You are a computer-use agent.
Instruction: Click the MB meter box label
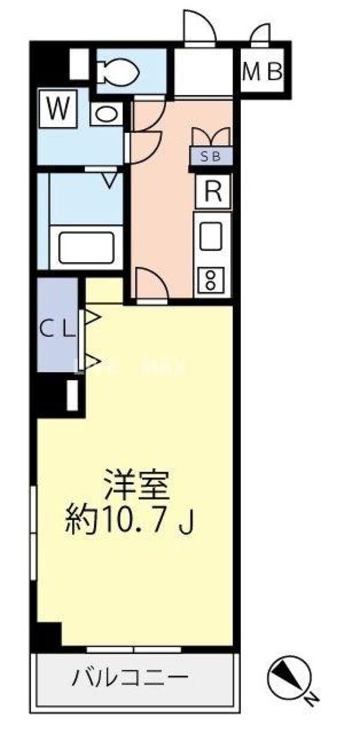coord(262,73)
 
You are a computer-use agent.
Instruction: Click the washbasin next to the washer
coord(107,115)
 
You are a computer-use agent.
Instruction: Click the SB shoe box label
coord(210,157)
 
